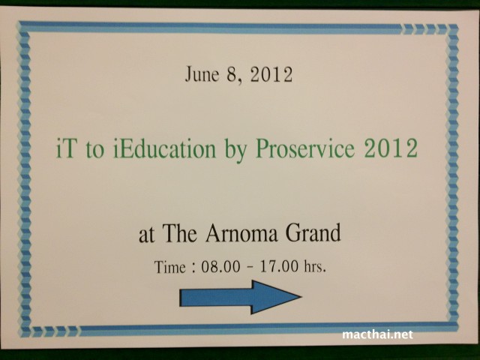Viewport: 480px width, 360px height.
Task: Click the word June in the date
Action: pos(202,74)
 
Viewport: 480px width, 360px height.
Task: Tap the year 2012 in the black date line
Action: pos(271,74)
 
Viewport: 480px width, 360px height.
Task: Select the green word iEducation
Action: pos(165,148)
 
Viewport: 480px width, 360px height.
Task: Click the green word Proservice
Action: pos(305,148)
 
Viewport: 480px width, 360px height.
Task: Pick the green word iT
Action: pos(65,148)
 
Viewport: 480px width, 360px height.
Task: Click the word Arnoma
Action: pos(241,233)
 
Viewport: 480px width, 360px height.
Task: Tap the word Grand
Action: pos(313,232)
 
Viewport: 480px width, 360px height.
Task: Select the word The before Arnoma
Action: pos(179,233)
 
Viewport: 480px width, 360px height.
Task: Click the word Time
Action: pos(170,267)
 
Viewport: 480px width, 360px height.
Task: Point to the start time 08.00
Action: pos(220,267)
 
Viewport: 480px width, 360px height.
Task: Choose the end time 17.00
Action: pos(278,266)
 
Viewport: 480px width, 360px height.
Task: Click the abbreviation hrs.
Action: pos(315,266)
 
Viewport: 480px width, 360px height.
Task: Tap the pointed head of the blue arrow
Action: pos(301,296)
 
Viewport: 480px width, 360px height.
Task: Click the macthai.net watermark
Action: pos(377,334)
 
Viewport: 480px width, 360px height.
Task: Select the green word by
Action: pos(235,151)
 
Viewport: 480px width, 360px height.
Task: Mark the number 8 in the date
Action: pos(232,74)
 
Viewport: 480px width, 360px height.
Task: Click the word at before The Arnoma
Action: pos(146,235)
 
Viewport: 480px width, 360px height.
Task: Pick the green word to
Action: pos(94,150)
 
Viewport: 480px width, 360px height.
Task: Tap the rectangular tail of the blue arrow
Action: pos(215,298)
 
